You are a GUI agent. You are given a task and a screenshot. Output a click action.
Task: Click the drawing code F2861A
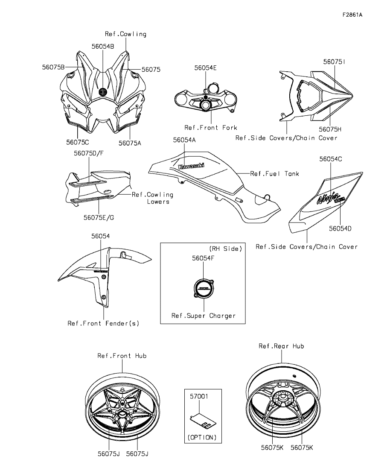point(352,15)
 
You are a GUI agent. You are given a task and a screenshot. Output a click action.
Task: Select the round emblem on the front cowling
point(102,91)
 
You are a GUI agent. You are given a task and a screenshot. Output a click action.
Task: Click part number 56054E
point(206,67)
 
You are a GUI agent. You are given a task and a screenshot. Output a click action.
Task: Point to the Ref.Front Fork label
point(210,127)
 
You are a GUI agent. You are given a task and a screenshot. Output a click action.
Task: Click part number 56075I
point(334,61)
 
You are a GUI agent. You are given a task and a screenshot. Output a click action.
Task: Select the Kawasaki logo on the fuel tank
point(191,166)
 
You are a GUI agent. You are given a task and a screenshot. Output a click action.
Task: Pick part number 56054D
point(340,228)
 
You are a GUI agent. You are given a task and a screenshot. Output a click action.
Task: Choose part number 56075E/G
point(99,217)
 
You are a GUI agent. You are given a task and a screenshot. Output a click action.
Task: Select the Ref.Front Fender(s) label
point(103,323)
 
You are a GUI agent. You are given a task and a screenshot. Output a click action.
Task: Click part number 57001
point(199,396)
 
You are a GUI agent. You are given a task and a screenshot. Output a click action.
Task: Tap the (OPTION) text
point(202,437)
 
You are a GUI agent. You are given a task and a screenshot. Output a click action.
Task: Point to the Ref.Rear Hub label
point(281,346)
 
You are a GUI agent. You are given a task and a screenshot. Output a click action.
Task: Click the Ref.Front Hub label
point(122,356)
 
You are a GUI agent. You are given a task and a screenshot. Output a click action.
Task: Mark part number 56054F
point(204,258)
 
